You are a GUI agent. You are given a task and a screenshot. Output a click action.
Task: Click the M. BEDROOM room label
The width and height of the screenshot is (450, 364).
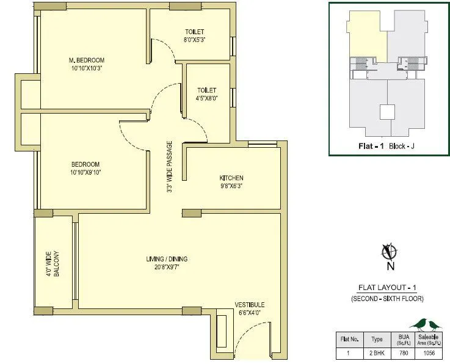(x=86, y=60)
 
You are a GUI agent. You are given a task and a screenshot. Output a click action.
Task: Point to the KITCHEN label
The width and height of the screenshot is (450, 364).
(x=231, y=178)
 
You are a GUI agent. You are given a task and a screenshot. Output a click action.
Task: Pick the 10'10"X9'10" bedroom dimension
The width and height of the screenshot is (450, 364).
(x=85, y=172)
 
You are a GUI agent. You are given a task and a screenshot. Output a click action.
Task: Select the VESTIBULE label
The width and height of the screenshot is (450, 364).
(x=250, y=304)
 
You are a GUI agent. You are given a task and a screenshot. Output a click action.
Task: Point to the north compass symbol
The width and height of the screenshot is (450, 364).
(x=386, y=251)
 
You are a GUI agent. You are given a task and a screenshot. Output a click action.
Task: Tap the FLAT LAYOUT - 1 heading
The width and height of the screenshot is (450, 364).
(x=386, y=288)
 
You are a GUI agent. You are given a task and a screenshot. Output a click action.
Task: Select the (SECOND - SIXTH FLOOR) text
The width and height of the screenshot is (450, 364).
(x=386, y=298)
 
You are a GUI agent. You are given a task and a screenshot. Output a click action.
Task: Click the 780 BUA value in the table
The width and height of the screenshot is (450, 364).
(x=404, y=352)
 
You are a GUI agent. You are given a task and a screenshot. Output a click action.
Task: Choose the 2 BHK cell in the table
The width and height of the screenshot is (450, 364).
(x=377, y=352)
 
